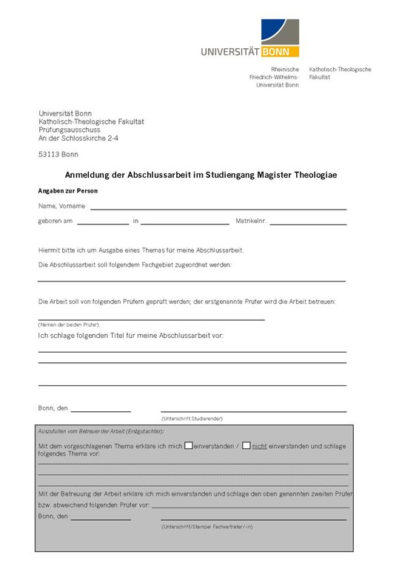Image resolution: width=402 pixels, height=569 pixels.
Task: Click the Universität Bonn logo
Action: click(x=249, y=39)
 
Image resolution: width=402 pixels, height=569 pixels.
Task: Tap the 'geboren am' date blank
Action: click(x=102, y=223)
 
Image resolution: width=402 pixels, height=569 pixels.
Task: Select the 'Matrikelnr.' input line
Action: click(x=307, y=223)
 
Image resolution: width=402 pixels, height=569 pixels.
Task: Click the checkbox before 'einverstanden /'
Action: click(x=189, y=445)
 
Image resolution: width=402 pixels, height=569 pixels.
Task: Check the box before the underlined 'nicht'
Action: click(x=247, y=445)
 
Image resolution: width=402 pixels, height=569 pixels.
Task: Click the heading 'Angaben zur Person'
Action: click(x=68, y=191)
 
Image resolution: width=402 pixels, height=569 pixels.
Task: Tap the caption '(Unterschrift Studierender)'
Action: click(x=192, y=419)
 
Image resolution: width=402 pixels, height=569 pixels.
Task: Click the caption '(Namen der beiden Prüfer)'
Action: click(x=69, y=325)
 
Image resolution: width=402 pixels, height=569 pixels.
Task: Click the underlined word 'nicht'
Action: click(x=259, y=446)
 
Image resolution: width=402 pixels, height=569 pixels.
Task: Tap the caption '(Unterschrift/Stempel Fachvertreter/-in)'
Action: click(x=207, y=526)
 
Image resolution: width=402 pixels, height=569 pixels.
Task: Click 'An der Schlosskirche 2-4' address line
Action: click(x=78, y=138)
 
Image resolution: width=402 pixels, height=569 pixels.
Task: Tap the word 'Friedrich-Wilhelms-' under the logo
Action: click(x=274, y=77)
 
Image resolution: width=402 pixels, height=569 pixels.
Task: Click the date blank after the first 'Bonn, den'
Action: click(x=101, y=410)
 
